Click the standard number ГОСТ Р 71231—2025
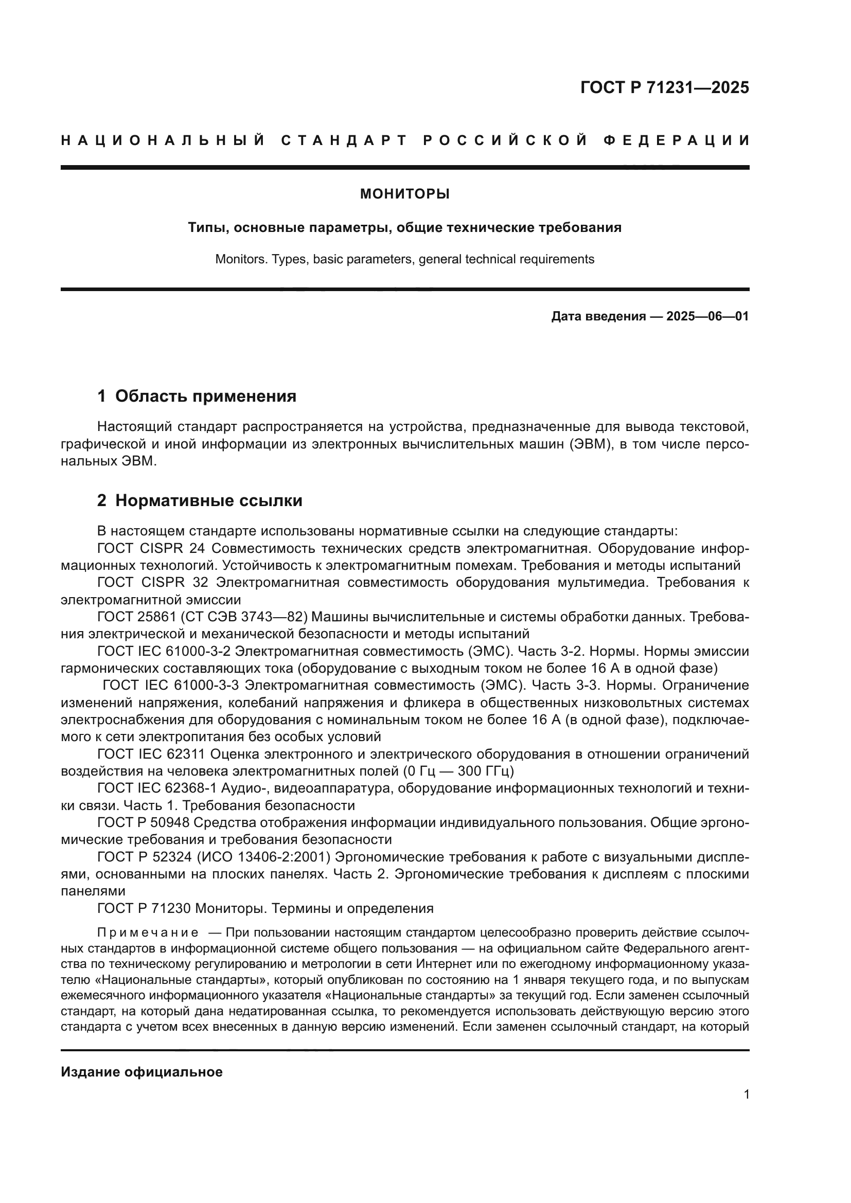[664, 87]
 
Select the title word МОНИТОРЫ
[404, 194]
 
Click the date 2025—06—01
[707, 316]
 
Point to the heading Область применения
[205, 396]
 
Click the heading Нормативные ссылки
[208, 500]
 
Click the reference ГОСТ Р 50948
[143, 822]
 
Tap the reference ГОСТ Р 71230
[143, 908]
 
